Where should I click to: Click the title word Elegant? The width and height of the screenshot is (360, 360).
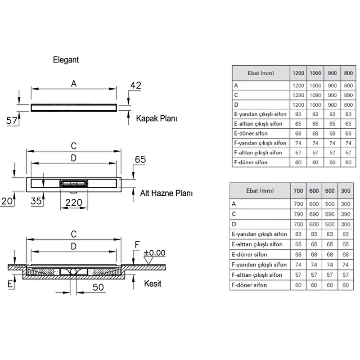(66, 60)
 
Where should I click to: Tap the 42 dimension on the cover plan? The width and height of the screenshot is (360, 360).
(136, 85)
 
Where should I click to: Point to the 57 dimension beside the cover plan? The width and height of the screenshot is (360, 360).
(12, 121)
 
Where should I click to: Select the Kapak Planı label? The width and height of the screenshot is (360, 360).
(156, 118)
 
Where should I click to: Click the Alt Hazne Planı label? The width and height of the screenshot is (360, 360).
(166, 193)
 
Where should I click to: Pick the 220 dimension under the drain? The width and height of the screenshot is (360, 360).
(74, 202)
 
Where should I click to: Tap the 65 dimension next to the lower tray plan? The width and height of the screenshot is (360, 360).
(140, 159)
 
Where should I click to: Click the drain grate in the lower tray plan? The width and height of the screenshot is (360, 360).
(74, 184)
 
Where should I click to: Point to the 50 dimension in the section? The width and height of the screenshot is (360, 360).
(98, 287)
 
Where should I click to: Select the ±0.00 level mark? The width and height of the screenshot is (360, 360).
(154, 253)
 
